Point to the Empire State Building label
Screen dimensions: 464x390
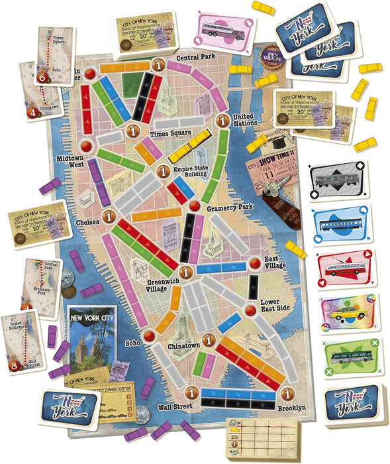[191, 172]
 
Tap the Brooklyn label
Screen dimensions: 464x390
[291, 408]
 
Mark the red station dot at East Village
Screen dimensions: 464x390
[254, 264]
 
